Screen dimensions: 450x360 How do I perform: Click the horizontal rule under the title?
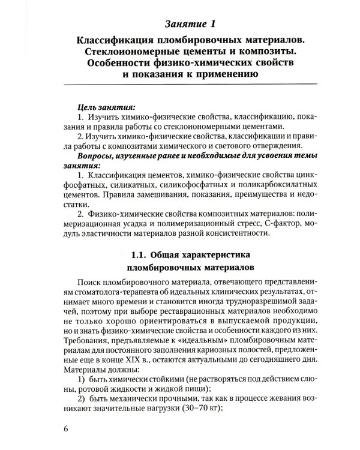tap(189, 88)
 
